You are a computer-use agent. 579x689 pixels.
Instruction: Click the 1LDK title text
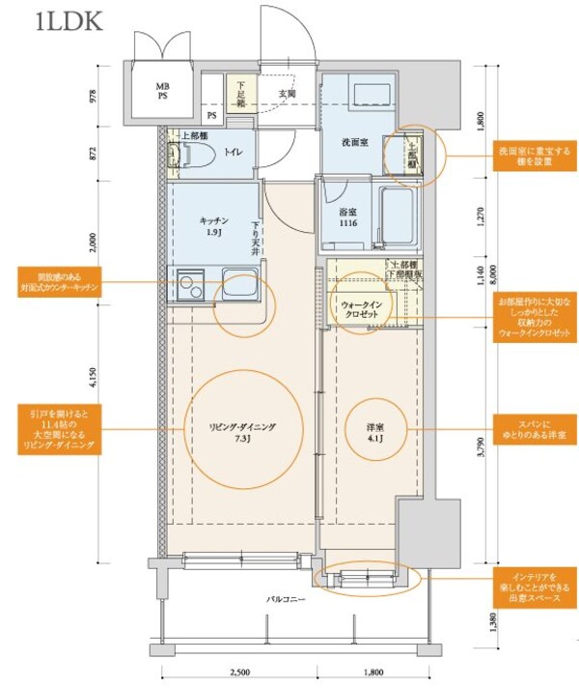click(x=67, y=21)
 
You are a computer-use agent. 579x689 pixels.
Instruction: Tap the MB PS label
click(x=162, y=91)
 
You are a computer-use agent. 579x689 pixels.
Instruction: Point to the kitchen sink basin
click(x=235, y=284)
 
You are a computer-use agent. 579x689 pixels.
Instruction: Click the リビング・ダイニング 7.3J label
click(x=244, y=431)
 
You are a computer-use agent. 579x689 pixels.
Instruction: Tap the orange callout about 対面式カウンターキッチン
click(x=61, y=282)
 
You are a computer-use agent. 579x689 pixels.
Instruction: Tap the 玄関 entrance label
click(x=288, y=94)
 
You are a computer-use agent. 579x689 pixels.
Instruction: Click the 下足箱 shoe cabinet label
click(x=242, y=94)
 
